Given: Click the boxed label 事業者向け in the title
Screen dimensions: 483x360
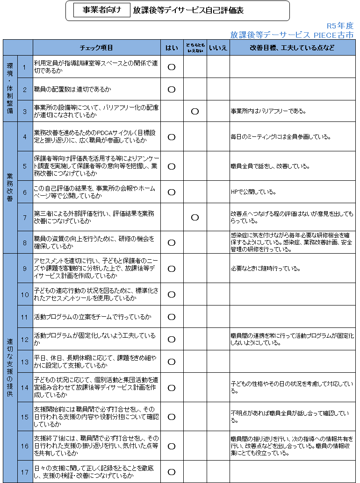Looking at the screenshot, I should coord(101,10).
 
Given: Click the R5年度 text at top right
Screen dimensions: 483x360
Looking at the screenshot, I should coord(340,26).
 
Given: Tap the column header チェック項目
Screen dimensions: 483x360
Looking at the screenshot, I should coord(96,48).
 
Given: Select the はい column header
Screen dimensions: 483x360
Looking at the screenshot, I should coord(171,48).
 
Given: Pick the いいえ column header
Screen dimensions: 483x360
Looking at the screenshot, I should coord(218,48).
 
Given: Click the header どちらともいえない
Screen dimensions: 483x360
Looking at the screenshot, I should coord(195,48).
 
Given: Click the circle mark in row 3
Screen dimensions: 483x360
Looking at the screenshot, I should coord(195,111).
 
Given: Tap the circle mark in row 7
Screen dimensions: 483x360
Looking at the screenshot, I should coord(195,217).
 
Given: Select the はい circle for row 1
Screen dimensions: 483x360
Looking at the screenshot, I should coord(171,67).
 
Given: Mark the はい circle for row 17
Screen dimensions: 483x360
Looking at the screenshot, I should coord(171,472).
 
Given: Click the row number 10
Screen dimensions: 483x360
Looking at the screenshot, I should coord(25,294).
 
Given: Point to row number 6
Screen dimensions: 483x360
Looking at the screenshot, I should coord(25,192).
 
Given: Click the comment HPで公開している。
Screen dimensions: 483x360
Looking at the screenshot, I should coord(254,192).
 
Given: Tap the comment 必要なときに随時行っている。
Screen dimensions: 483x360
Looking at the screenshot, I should coord(265,269).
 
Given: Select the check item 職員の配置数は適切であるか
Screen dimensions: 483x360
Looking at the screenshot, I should coord(72,89).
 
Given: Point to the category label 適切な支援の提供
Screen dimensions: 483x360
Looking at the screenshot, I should coord(10,368).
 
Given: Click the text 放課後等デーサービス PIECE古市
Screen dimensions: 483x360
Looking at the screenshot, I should coord(292,35).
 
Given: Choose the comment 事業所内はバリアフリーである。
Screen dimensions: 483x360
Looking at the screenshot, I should coord(268,111).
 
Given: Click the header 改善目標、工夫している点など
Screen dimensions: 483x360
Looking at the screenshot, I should coord(292,48).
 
